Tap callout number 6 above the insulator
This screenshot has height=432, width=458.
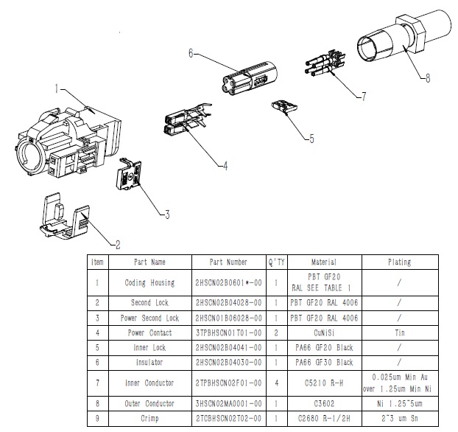pos(190,53)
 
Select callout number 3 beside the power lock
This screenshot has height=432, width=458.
pos(167,215)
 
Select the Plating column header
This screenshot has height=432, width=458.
pos(398,262)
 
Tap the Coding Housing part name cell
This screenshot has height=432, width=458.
pos(149,282)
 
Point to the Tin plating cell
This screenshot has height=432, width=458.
pos(398,332)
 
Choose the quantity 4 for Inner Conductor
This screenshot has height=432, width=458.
pos(275,383)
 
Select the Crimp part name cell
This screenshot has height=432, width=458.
pos(149,418)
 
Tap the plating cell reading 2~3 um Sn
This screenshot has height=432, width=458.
pos(398,418)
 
